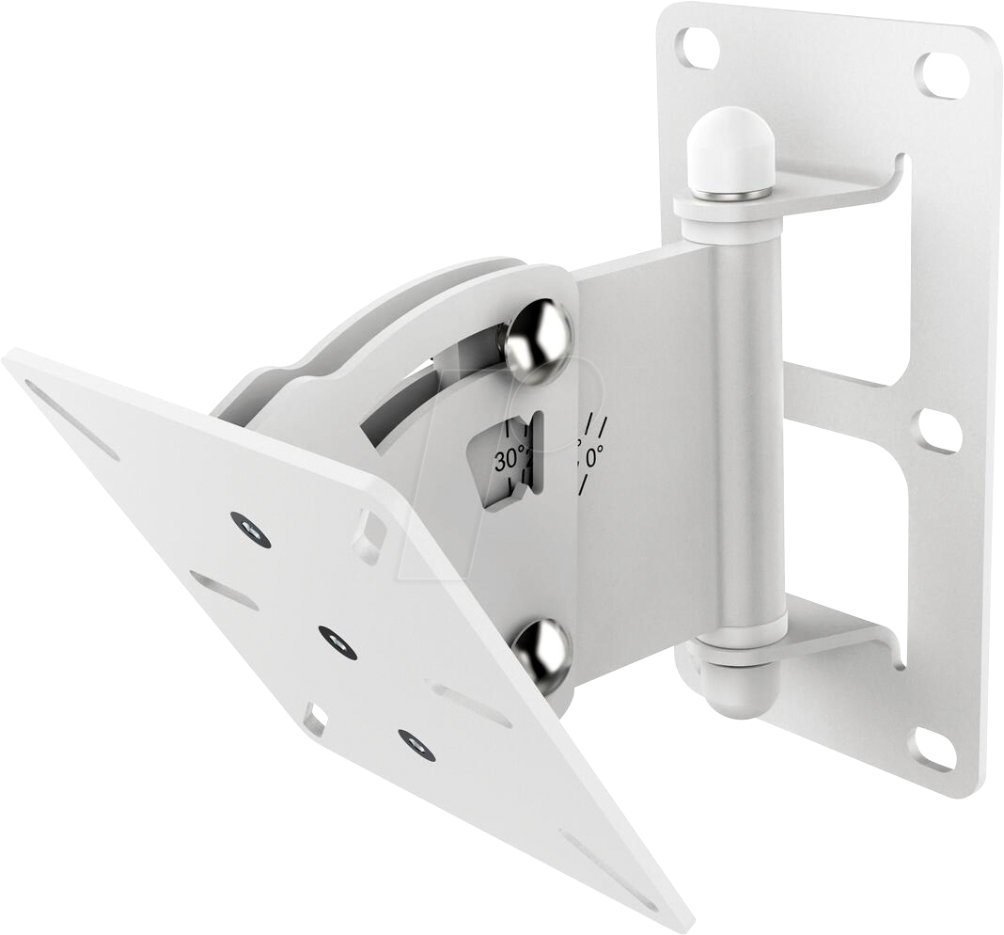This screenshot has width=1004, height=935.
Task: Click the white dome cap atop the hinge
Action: point(730,151)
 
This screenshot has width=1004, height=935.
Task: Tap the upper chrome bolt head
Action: point(537,341)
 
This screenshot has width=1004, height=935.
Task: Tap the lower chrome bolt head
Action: point(541,653)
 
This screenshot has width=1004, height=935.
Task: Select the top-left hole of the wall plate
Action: point(698,47)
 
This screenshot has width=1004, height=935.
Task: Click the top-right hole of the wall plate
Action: point(942,74)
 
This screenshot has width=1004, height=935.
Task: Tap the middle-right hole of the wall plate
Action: point(939,431)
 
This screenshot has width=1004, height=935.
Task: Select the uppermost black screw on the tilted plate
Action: point(251,530)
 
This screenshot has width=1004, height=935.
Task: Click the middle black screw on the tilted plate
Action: point(337,642)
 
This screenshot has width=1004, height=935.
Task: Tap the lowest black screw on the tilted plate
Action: point(416,745)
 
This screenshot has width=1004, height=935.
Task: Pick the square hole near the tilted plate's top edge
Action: point(369,536)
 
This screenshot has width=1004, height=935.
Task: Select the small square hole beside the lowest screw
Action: point(315,720)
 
